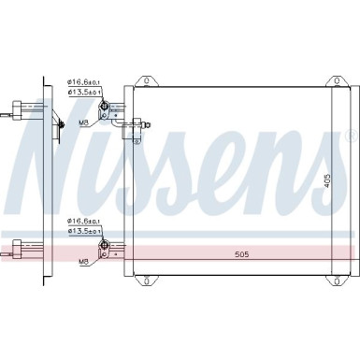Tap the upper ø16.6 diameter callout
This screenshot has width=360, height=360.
81,82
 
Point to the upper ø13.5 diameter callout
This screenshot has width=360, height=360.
81,92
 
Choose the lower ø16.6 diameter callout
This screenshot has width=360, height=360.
81,221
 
